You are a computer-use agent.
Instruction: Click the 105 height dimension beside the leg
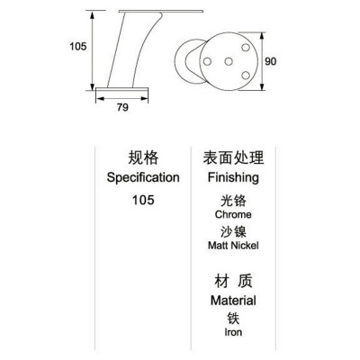click(x=77, y=47)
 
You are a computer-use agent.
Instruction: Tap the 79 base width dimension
click(x=122, y=107)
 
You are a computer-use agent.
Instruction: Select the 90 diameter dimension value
click(x=270, y=61)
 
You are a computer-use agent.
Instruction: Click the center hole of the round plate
click(x=229, y=62)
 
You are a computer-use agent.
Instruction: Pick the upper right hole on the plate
click(x=246, y=48)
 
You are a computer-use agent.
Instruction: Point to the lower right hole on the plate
click(x=246, y=75)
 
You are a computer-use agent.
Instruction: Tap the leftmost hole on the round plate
click(x=207, y=62)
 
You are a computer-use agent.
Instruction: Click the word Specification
click(x=143, y=177)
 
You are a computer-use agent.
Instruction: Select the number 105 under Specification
click(x=143, y=200)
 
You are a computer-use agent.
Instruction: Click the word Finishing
click(x=233, y=177)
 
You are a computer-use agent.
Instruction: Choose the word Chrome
click(x=233, y=214)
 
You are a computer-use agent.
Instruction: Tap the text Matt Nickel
click(x=233, y=246)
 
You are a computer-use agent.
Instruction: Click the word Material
click(x=233, y=301)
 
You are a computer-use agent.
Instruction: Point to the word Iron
click(x=233, y=332)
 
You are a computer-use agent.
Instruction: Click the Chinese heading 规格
click(x=143, y=157)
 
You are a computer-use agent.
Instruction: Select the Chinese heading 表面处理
click(x=233, y=157)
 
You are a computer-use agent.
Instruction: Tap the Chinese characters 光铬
click(x=233, y=201)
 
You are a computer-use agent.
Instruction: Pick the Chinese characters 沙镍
click(x=233, y=231)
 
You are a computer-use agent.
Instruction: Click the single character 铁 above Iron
click(x=233, y=319)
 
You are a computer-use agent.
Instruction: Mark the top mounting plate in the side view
click(x=161, y=12)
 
